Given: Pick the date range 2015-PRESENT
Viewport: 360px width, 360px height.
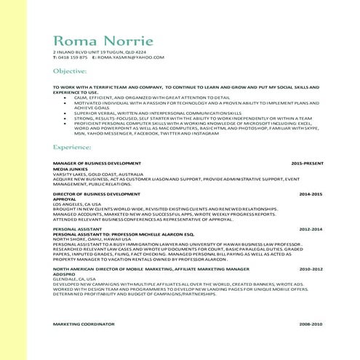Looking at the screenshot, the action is click(x=307, y=163).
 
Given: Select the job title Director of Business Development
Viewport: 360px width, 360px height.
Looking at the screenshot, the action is click(x=97, y=194).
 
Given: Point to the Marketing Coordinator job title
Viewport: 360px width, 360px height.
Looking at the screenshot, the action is click(x=84, y=323).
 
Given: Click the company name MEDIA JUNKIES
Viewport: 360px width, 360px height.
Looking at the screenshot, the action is click(x=70, y=168).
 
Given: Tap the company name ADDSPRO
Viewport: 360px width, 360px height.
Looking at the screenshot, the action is click(x=64, y=274).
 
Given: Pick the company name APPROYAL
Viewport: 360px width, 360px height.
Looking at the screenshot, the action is click(x=65, y=199).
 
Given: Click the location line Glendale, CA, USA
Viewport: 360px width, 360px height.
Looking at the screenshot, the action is click(x=74, y=279).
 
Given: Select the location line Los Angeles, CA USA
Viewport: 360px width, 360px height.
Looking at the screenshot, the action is click(x=77, y=204).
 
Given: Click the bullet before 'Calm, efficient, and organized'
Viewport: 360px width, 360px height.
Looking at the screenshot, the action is click(x=66, y=97).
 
